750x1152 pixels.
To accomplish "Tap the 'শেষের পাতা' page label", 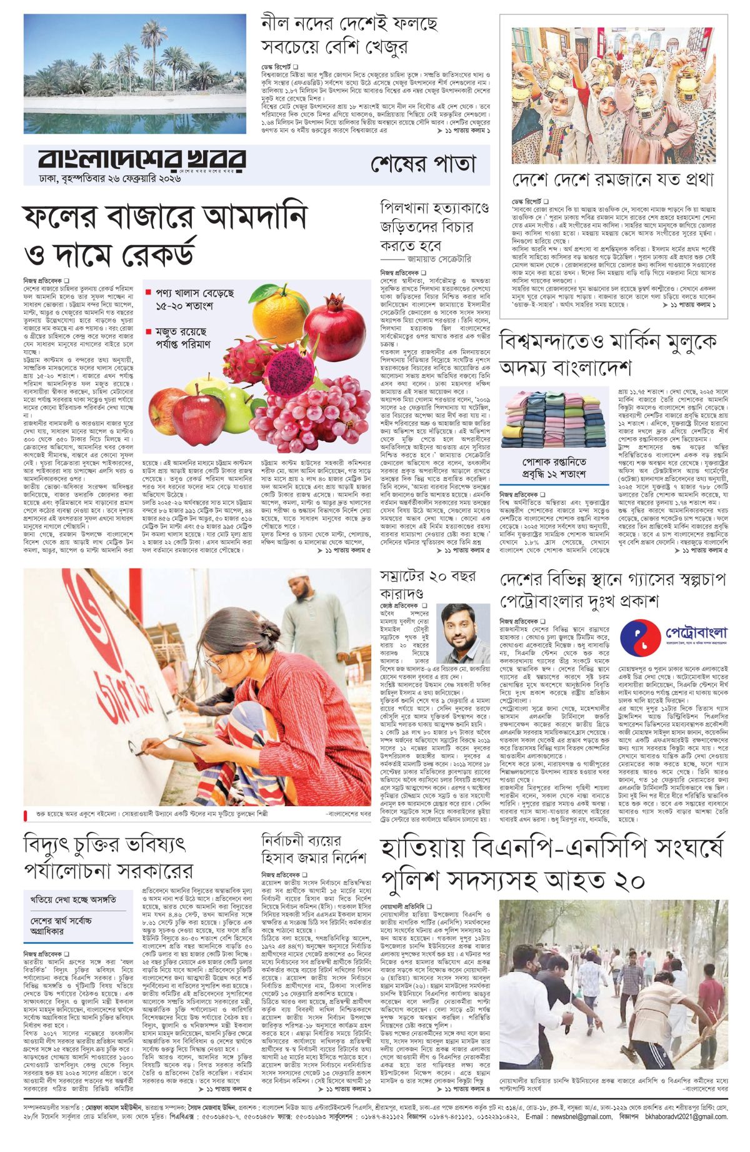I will tap(423, 164).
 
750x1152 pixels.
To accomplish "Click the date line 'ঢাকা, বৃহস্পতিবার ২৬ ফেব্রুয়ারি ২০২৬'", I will tap(103, 179).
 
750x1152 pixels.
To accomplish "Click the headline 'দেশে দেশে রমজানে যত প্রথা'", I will tap(612, 181).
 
